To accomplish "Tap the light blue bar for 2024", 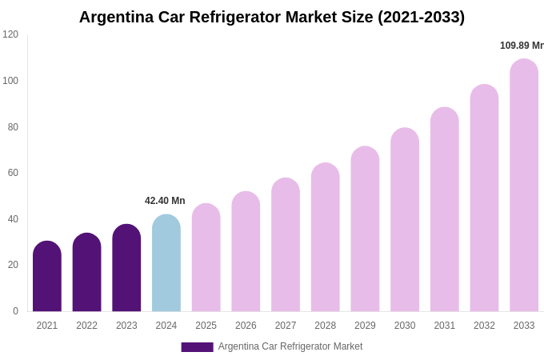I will [x=166, y=263].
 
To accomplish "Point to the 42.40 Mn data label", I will [x=165, y=201].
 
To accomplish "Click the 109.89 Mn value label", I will [x=521, y=46].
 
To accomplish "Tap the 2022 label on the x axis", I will [x=86, y=326].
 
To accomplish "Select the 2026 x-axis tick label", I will [x=246, y=326].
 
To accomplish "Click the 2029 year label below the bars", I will [x=365, y=326].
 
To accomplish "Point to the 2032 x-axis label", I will [x=484, y=326].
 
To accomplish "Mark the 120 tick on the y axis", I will [x=10, y=34].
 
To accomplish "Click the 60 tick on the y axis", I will [x=13, y=173].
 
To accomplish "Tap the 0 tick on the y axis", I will [x=15, y=311].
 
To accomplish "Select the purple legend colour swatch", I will [x=197, y=347].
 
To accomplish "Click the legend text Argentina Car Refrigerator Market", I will [x=290, y=346].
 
